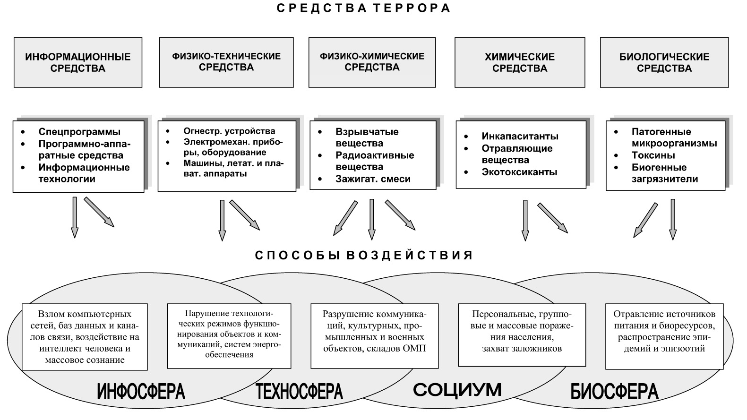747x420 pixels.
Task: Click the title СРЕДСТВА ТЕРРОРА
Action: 363,9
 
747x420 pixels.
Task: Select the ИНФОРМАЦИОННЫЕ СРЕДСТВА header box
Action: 78,62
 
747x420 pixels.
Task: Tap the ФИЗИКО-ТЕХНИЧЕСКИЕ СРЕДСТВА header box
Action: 226,62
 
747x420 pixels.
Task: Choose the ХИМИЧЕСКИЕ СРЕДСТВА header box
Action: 519,62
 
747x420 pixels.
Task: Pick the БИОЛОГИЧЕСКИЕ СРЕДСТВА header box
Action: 664,62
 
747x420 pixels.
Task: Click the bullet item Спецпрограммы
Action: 79,132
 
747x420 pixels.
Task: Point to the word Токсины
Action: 653,155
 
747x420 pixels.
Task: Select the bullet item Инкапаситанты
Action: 520,137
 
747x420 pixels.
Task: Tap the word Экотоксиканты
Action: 519,172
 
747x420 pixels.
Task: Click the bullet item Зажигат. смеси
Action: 373,179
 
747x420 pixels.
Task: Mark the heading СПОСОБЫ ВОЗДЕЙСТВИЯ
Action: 364,256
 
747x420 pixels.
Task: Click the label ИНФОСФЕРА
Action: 141,392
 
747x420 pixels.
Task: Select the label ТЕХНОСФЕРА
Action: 299,392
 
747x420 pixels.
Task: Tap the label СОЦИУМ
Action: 457,390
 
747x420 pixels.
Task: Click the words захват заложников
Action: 522,349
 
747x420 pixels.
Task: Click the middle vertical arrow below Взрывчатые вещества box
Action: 372,219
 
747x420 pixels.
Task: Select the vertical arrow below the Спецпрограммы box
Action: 75,217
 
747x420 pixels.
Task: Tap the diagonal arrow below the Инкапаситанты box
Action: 552,218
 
